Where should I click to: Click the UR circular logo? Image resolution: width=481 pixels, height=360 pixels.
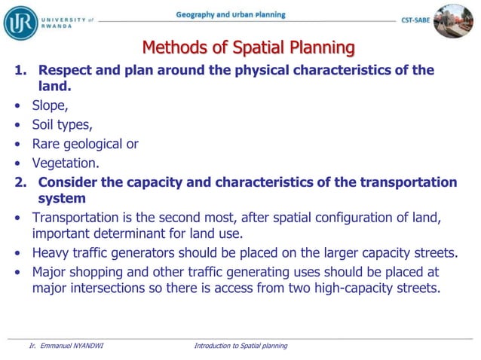(20, 22)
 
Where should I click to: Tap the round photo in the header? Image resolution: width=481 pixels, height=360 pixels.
(454, 21)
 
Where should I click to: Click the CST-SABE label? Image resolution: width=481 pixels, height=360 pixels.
(415, 21)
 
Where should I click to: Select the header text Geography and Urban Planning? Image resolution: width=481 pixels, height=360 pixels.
(231, 15)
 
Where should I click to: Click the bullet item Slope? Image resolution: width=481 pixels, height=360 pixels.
(50, 106)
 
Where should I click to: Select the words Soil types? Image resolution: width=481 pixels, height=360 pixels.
(62, 125)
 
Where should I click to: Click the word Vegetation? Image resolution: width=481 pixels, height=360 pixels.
(65, 162)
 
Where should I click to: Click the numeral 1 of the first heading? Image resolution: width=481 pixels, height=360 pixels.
(18, 71)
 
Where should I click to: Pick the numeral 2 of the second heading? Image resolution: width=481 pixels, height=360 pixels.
(18, 182)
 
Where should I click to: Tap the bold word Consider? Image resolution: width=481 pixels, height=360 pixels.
(70, 182)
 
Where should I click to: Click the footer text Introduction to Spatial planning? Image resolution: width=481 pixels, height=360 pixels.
(240, 346)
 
